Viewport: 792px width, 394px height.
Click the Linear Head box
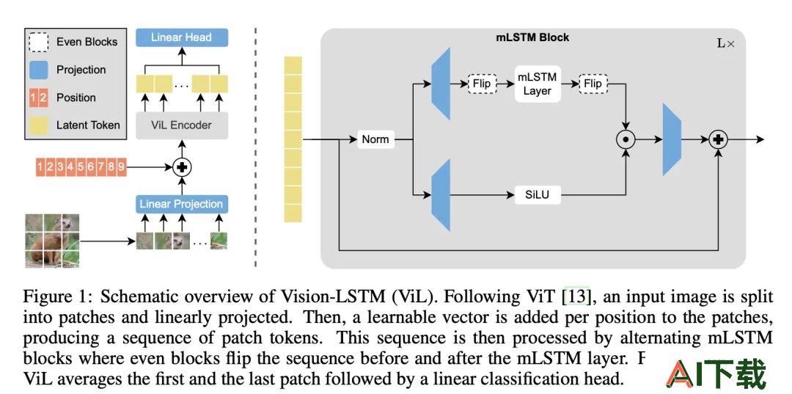[x=182, y=37]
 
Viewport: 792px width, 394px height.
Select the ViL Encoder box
[x=182, y=125]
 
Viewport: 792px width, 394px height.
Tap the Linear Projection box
[x=182, y=204]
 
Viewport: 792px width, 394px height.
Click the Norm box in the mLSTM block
[x=375, y=139]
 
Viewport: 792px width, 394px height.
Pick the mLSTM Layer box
[x=537, y=84]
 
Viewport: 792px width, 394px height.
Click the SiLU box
[x=538, y=194]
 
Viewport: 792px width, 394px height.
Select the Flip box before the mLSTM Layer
[x=482, y=84]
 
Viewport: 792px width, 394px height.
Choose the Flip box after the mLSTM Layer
[x=593, y=84]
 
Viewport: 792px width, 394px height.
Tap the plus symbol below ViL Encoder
[x=183, y=167]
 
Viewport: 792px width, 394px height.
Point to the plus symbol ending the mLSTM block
[x=718, y=139]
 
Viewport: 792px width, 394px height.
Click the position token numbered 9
[x=121, y=167]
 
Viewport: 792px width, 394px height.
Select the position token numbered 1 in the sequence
[x=40, y=167]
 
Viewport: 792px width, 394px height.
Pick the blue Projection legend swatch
[x=39, y=70]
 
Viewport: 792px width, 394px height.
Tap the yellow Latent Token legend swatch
[x=39, y=125]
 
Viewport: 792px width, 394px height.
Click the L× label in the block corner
[x=726, y=43]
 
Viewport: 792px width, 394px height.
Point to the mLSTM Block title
[x=532, y=37]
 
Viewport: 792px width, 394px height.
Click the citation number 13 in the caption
[x=576, y=296]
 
